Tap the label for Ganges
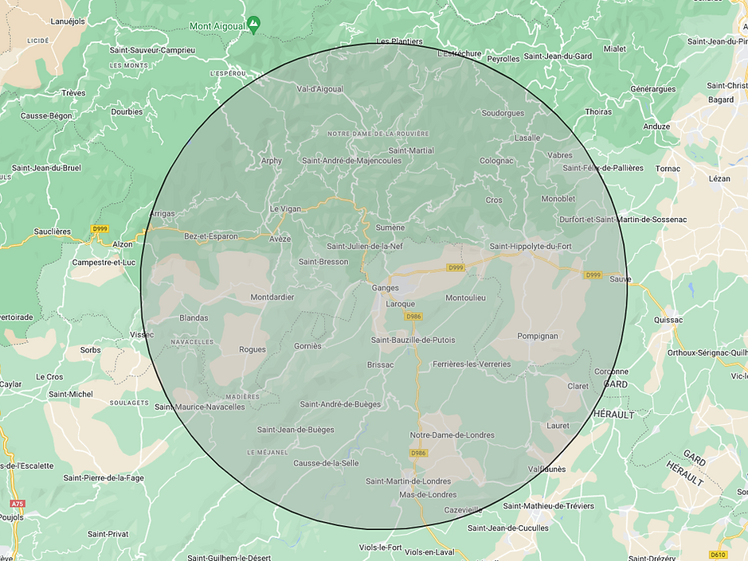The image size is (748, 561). click(385, 288)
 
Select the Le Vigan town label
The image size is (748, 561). click(285, 208)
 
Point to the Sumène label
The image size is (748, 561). click(390, 228)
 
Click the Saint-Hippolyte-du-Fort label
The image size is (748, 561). click(531, 247)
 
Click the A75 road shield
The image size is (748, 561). click(18, 504)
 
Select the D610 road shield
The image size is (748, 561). click(718, 555)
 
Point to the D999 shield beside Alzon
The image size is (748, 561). click(100, 229)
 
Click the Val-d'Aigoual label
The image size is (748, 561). click(320, 89)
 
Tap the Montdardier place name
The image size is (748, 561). click(272, 298)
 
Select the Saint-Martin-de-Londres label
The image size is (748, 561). click(408, 481)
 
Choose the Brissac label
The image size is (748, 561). click(381, 365)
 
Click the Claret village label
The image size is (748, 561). click(578, 387)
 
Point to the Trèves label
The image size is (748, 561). click(73, 93)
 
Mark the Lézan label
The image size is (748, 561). click(719, 179)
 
